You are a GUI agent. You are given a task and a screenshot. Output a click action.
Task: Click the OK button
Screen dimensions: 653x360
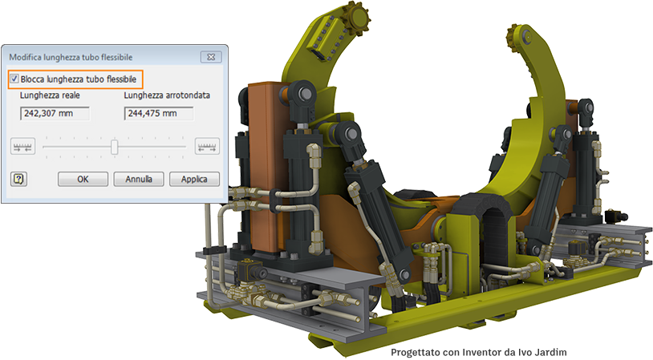[x=83, y=179]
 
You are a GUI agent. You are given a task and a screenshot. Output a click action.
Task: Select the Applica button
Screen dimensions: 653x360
[x=194, y=179]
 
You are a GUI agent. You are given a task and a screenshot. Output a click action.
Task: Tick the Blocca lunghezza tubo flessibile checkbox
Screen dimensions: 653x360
[x=14, y=79]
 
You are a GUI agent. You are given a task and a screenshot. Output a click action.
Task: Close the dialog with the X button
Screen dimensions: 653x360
[x=211, y=57]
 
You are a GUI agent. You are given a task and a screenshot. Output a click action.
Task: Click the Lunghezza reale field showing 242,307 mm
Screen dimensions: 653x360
[x=55, y=113]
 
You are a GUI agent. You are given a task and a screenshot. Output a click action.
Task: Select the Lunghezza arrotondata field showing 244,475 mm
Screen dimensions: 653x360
[x=159, y=113]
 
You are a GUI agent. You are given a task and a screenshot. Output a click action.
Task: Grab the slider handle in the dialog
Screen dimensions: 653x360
[x=115, y=147]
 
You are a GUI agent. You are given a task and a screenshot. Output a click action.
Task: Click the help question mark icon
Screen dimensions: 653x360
[x=18, y=179]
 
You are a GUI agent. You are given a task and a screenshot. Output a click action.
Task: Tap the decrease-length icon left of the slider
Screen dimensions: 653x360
[x=22, y=147]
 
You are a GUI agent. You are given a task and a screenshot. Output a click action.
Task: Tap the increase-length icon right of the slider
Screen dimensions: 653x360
[x=207, y=147]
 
